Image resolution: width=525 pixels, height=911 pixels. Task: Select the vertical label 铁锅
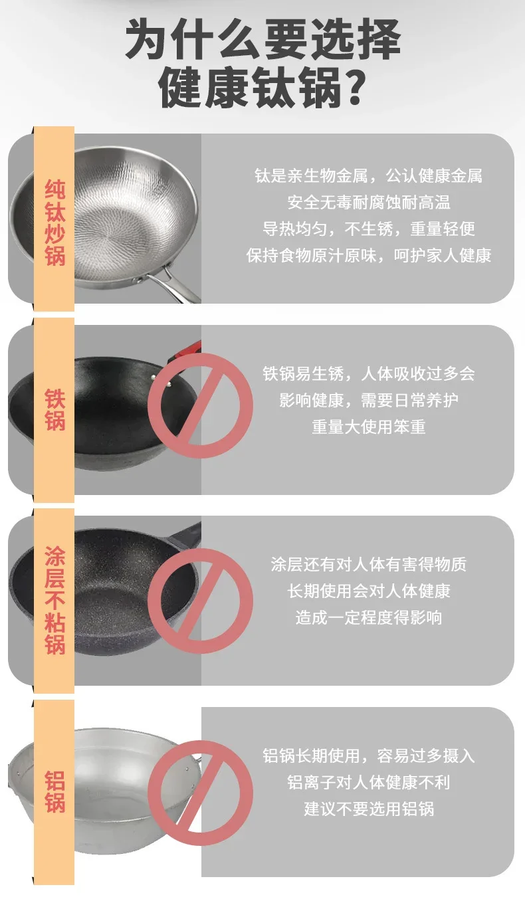pyautogui.click(x=54, y=409)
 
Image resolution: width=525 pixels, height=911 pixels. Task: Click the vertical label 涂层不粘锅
pyautogui.click(x=54, y=600)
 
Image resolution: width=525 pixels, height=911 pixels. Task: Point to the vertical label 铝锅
pyautogui.click(x=54, y=791)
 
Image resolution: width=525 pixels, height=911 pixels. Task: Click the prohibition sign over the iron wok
pyautogui.click(x=200, y=405)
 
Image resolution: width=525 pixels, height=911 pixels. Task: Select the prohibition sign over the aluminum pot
pyautogui.click(x=200, y=790)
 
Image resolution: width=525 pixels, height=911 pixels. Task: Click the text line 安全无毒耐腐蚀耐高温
pyautogui.click(x=369, y=202)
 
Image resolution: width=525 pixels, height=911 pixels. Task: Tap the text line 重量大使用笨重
pyautogui.click(x=369, y=427)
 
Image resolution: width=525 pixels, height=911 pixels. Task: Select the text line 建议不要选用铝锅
pyautogui.click(x=369, y=809)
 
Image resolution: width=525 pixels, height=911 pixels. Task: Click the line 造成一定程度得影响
pyautogui.click(x=369, y=617)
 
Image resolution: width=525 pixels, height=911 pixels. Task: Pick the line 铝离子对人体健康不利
pyautogui.click(x=369, y=782)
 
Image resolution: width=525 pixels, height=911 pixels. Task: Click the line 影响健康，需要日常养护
pyautogui.click(x=369, y=401)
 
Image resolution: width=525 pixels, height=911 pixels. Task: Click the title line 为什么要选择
pyautogui.click(x=263, y=39)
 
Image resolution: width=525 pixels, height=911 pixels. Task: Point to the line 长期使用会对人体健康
pyautogui.click(x=369, y=591)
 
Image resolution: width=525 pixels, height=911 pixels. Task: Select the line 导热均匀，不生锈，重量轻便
pyautogui.click(x=369, y=229)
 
